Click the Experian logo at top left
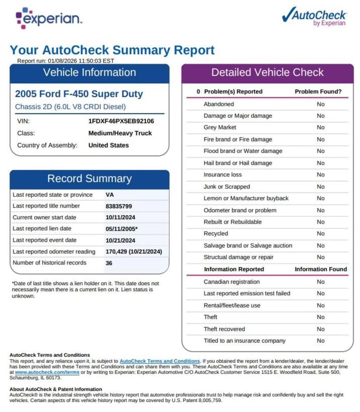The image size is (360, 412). (49, 18)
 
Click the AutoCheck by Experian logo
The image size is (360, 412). (314, 17)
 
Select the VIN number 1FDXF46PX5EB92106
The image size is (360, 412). (121, 121)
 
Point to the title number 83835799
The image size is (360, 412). (119, 206)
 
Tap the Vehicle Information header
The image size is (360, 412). (90, 72)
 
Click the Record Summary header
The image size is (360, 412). (90, 178)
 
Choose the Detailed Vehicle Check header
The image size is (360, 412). (267, 72)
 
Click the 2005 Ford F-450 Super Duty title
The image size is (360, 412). (79, 94)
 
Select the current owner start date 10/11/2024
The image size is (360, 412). (120, 217)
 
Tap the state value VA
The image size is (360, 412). (110, 194)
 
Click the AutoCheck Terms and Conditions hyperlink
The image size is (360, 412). (160, 361)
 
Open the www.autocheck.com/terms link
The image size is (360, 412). (47, 372)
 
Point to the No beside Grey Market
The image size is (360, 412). (320, 127)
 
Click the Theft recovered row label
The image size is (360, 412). (224, 329)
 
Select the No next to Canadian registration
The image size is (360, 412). (320, 282)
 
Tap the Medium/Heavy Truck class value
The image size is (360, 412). (120, 133)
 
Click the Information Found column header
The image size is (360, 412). (320, 269)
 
